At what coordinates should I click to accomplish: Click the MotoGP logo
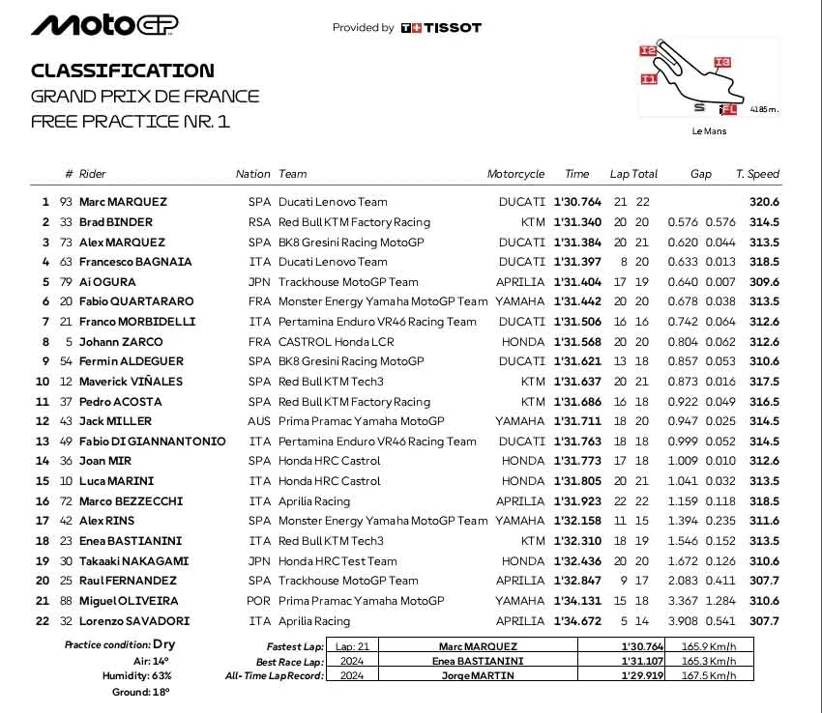(105, 25)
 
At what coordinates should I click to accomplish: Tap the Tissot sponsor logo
(441, 28)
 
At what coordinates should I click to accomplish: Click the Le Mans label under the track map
(709, 131)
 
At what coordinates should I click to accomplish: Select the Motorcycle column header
(515, 174)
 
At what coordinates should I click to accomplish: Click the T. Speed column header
(757, 174)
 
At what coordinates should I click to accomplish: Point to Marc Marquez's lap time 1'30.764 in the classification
(577, 202)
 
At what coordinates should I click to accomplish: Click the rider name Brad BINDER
(116, 222)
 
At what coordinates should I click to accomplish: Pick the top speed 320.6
(764, 202)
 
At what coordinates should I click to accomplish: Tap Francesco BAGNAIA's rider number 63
(67, 262)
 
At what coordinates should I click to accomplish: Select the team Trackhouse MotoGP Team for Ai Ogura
(348, 282)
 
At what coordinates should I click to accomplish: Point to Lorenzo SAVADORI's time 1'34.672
(577, 621)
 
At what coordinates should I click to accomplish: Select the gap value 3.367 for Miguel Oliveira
(683, 601)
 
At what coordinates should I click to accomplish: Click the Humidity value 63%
(161, 676)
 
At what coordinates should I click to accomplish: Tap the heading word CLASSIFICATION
(123, 71)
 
